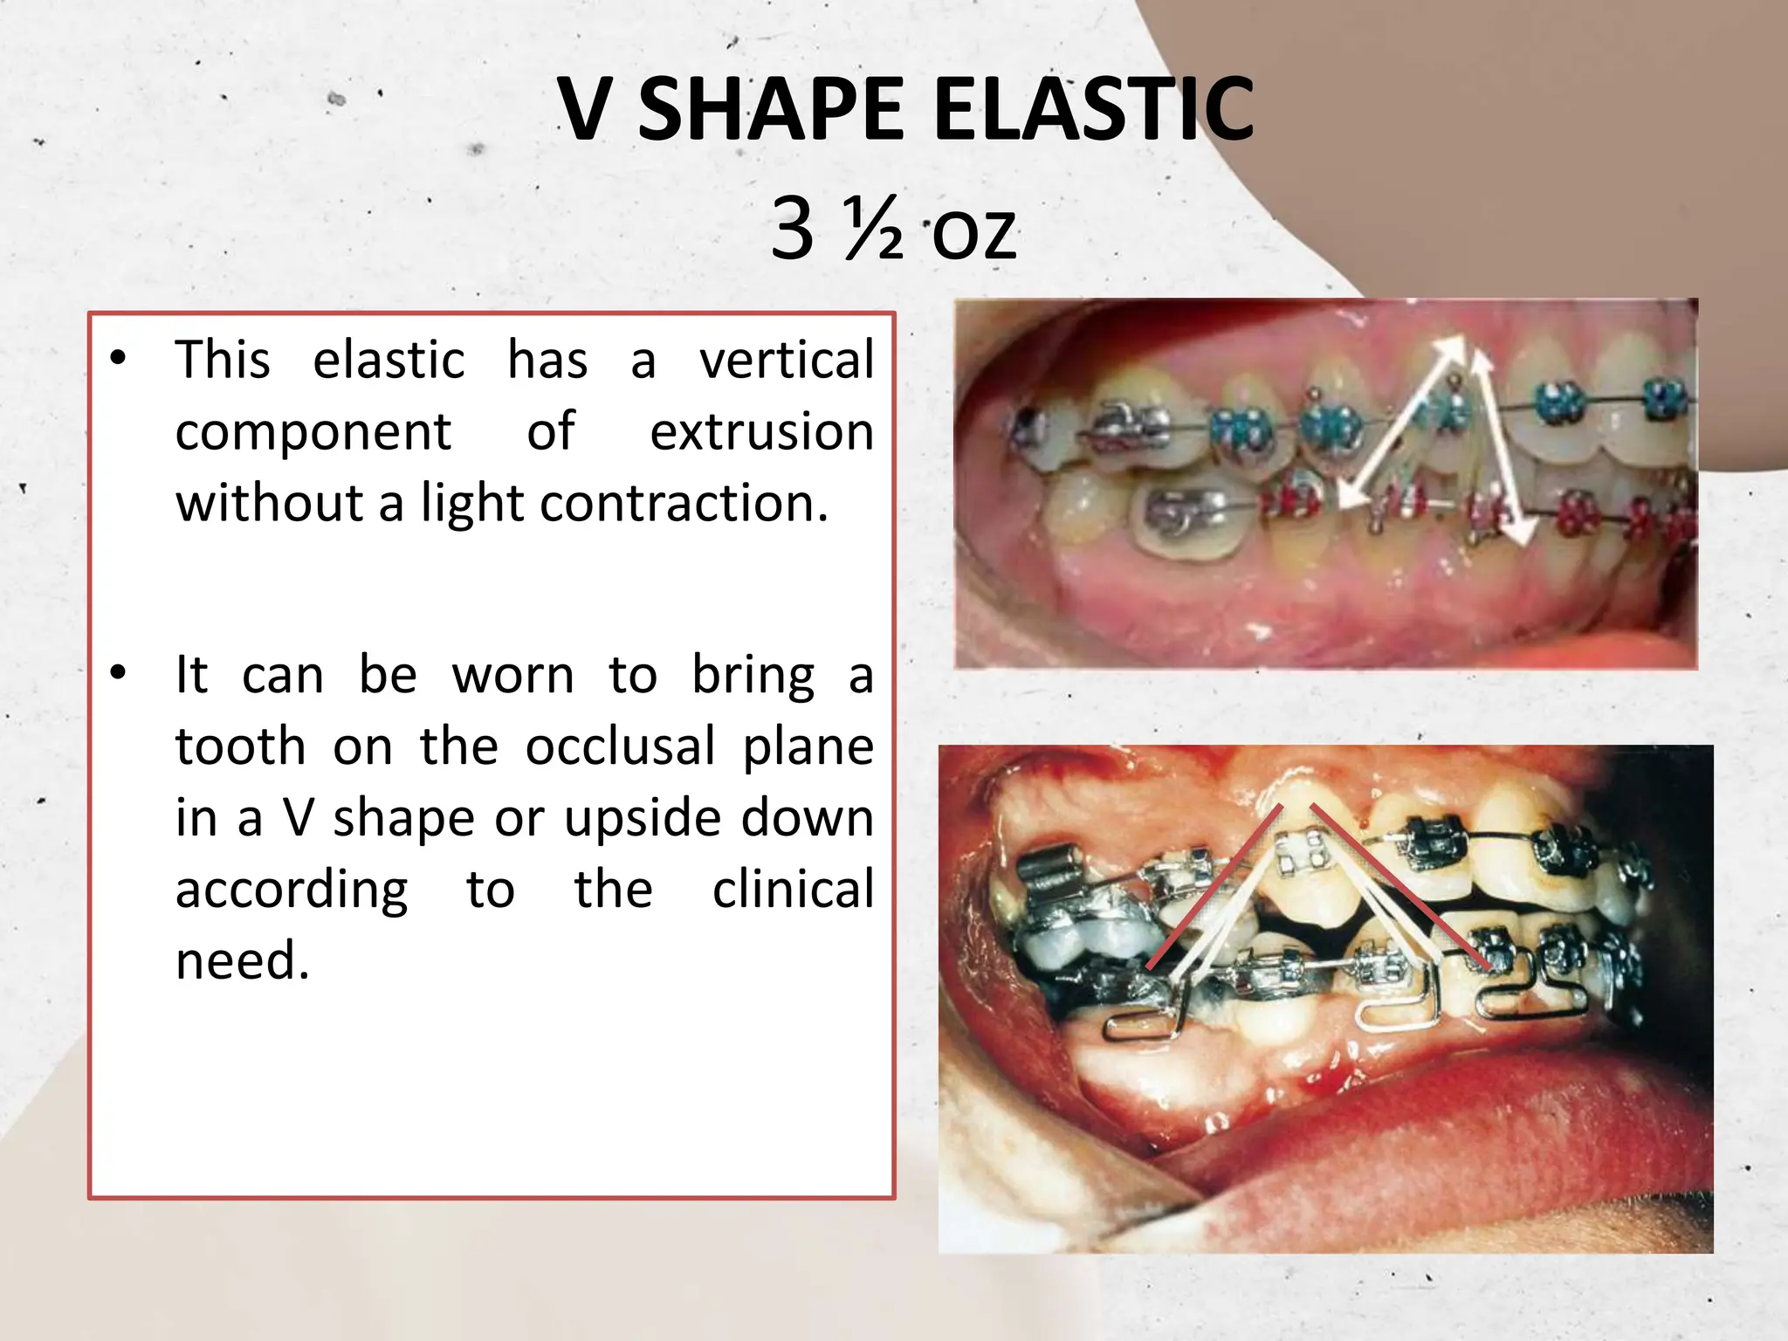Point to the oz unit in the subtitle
click(973, 233)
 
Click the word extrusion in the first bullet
click(761, 431)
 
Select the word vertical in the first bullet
click(786, 360)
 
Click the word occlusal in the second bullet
click(620, 746)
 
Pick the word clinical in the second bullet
click(793, 890)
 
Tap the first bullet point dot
click(119, 358)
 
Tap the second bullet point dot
click(119, 672)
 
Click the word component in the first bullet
click(313, 431)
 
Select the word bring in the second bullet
click(753, 676)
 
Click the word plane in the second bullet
click(808, 746)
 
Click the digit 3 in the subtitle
click(793, 229)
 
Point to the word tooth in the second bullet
click(240, 746)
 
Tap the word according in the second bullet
click(292, 890)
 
